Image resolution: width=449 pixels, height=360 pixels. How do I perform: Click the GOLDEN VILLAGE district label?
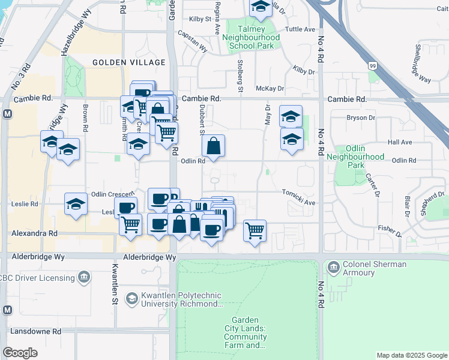coord(128,62)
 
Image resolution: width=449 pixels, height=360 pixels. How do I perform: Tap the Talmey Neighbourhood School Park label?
coord(248,37)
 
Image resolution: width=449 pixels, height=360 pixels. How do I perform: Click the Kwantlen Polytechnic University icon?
coord(131,299)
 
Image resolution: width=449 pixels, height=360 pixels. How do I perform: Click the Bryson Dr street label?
coord(361,118)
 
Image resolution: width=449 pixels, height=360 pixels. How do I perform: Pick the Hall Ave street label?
coord(400,142)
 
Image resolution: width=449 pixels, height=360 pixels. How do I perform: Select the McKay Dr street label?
coord(269,88)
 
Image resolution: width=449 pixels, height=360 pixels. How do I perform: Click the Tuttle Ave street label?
coord(301,29)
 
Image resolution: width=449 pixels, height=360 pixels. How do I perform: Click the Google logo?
coord(20,353)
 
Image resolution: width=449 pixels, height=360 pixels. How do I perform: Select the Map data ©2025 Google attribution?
coord(411,355)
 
